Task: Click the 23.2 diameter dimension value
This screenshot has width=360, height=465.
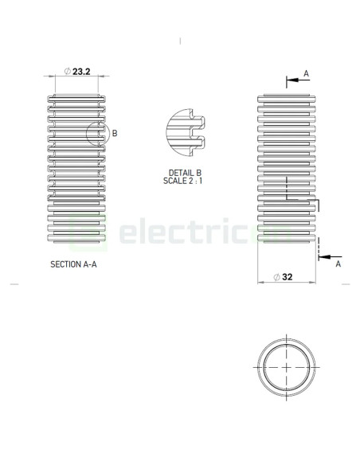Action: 81,72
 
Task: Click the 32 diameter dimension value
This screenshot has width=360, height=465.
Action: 288,277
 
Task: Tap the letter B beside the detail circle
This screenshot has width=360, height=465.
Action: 115,134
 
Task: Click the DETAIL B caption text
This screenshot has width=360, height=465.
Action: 185,173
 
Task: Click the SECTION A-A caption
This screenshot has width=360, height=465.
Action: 73,264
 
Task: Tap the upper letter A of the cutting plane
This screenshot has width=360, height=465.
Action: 306,74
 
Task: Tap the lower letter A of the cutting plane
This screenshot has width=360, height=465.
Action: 338,263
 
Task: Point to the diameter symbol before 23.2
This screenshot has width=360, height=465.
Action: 66,72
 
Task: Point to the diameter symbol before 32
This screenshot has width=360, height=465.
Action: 276,277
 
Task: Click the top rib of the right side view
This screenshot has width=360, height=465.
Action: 287,98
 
